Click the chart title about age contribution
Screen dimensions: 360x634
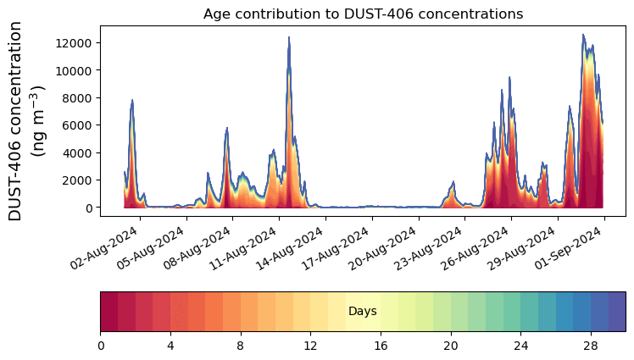click(x=363, y=14)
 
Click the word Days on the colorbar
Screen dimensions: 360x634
click(x=363, y=312)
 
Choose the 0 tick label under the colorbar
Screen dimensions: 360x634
click(x=101, y=346)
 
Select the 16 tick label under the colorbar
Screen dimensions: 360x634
click(x=381, y=346)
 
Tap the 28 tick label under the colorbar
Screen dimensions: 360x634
click(x=590, y=346)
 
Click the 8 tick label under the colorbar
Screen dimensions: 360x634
click(x=241, y=346)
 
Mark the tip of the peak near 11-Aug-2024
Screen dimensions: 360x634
click(x=289, y=37)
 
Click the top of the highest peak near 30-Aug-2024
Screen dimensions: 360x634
click(x=583, y=35)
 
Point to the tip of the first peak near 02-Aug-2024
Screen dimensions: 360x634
click(x=132, y=100)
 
